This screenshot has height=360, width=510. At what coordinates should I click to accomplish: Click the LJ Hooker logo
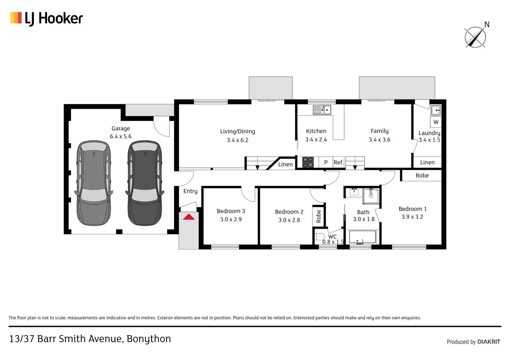click(x=46, y=18)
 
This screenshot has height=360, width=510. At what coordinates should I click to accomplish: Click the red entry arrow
click(x=189, y=217)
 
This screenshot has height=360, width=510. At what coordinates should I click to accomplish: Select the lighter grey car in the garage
click(x=94, y=183)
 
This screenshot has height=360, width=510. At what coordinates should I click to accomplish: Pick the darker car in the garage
click(x=145, y=183)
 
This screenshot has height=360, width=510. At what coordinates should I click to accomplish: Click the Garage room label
click(x=121, y=128)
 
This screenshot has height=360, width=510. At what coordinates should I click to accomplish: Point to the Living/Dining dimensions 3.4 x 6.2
click(x=238, y=140)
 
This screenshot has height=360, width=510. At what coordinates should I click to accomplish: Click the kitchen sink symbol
click(x=322, y=110)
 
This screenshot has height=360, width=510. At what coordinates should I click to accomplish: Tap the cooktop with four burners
click(x=308, y=162)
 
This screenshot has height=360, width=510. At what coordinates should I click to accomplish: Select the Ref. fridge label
click(x=338, y=162)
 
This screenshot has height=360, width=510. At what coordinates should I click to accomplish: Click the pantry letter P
click(x=326, y=162)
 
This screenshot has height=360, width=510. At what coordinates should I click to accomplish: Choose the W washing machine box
click(x=436, y=122)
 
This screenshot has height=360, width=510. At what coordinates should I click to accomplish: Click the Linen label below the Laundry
click(x=427, y=162)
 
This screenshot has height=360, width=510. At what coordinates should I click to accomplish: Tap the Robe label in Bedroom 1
click(x=422, y=175)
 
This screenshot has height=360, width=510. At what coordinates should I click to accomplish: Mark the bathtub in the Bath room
click(x=362, y=237)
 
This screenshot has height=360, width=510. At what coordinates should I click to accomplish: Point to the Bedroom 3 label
click(x=231, y=211)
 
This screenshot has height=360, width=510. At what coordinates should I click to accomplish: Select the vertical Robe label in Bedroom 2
click(x=318, y=216)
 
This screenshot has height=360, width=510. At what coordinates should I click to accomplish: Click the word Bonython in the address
click(x=149, y=339)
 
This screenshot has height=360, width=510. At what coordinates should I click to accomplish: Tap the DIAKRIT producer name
click(x=489, y=342)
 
